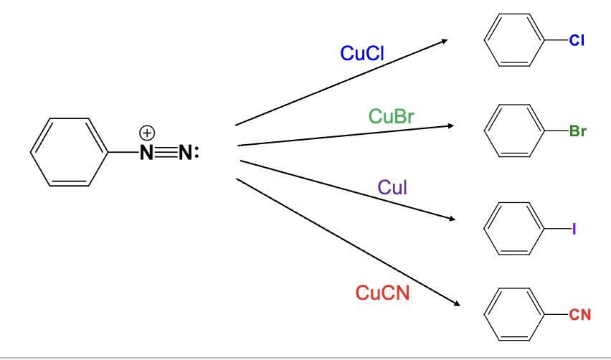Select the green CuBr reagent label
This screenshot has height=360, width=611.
(392, 116)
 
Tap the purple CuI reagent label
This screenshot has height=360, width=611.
(392, 188)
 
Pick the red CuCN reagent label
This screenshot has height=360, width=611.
(382, 293)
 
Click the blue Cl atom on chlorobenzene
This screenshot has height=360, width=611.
(577, 41)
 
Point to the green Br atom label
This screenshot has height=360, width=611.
(577, 131)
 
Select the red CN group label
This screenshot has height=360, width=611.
(579, 313)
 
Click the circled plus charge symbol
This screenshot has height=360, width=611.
(146, 133)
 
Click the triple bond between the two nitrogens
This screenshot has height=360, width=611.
(166, 153)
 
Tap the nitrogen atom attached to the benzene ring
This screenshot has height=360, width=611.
(146, 153)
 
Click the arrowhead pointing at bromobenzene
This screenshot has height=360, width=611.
(451, 125)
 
